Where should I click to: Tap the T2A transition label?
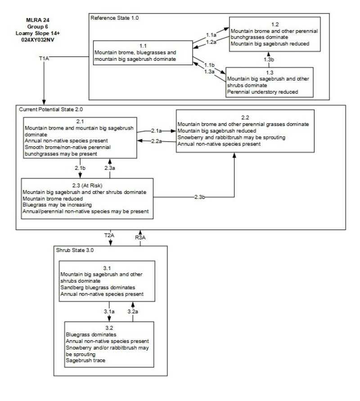pos(109,235)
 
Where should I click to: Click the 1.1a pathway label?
pos(211,35)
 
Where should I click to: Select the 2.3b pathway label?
pos(201,197)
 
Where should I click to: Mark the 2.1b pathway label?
pos(80,167)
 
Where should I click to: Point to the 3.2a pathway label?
pos(133,311)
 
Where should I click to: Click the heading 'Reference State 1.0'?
pos(115,18)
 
